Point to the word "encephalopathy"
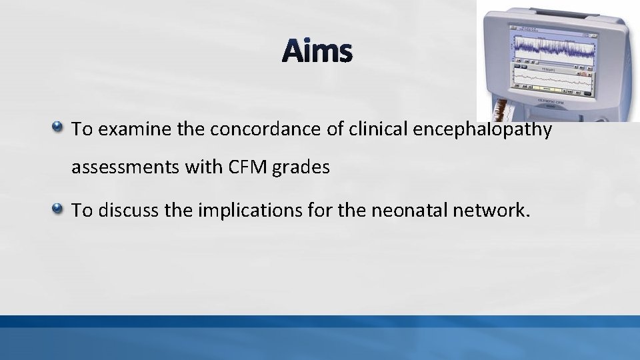(483, 129)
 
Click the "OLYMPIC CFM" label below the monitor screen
(557, 100)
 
